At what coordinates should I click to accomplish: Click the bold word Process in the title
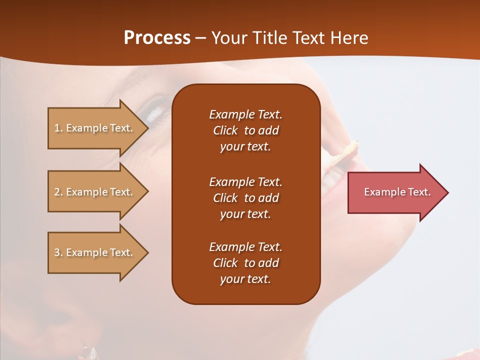pos(157,38)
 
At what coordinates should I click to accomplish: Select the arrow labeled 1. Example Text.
pos(95,128)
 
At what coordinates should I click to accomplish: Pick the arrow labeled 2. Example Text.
pos(95,192)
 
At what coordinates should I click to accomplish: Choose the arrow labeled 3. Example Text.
pos(95,252)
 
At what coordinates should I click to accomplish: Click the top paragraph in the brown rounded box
pos(245,130)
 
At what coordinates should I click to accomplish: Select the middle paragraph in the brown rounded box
pos(245,198)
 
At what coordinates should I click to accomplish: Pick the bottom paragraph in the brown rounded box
pos(245,263)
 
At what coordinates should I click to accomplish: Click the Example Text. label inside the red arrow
pos(397,192)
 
